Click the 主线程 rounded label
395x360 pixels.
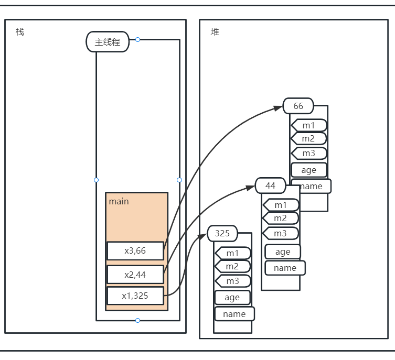pyautogui.click(x=108, y=42)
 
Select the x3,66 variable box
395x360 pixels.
pyautogui.click(x=135, y=250)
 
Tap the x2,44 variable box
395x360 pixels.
pyautogui.click(x=135, y=274)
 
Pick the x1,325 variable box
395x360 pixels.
pyautogui.click(x=135, y=296)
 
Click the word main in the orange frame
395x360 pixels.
pyautogui.click(x=119, y=201)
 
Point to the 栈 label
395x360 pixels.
pyautogui.click(x=20, y=32)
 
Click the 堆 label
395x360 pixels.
pyautogui.click(x=215, y=32)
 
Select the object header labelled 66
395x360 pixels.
pyautogui.click(x=298, y=106)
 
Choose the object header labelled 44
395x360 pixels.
pyautogui.click(x=270, y=186)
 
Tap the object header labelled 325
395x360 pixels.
pyautogui.click(x=222, y=233)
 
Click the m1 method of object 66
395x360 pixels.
pyautogui.click(x=309, y=125)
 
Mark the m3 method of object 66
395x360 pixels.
pyautogui.click(x=309, y=153)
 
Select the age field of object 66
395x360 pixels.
pyautogui.click(x=309, y=170)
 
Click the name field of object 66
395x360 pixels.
pyautogui.click(x=311, y=186)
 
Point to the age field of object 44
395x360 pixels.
pyautogui.click(x=283, y=252)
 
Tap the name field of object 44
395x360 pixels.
pyautogui.click(x=285, y=268)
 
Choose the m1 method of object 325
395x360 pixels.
pyautogui.click(x=233, y=253)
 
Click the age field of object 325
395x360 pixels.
pyautogui.click(x=232, y=297)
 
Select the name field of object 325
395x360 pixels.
pyautogui.click(x=234, y=314)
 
